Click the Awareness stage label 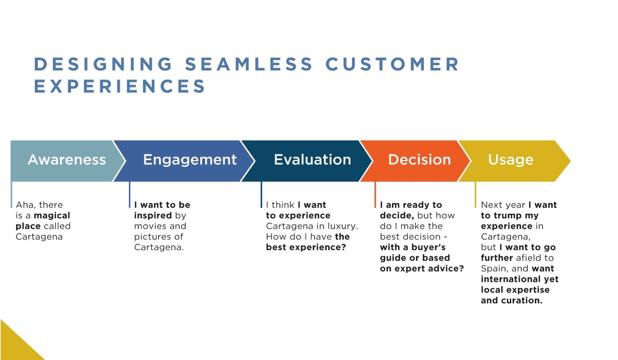pyautogui.click(x=66, y=160)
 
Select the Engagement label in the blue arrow pyautogui.click(x=190, y=160)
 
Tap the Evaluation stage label pyautogui.click(x=312, y=160)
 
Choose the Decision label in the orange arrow pyautogui.click(x=419, y=160)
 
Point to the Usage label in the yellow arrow pyautogui.click(x=510, y=160)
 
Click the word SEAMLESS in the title pyautogui.click(x=248, y=64)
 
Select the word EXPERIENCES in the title pyautogui.click(x=120, y=86)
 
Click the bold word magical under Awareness pyautogui.click(x=52, y=216)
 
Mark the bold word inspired pyautogui.click(x=153, y=216)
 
